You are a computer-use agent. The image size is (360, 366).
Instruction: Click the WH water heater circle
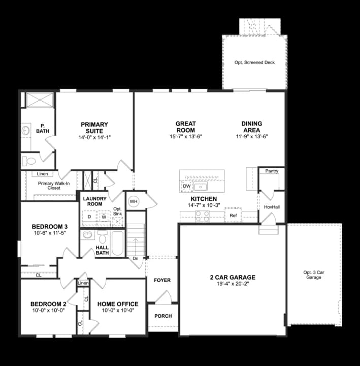[x=134, y=201]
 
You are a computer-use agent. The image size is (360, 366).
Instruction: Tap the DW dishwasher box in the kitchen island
[x=186, y=187]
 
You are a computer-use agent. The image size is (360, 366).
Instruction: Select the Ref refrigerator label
[x=233, y=216]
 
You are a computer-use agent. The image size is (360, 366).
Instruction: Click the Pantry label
[x=272, y=171]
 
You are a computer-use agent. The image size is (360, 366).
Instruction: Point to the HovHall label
[x=272, y=207]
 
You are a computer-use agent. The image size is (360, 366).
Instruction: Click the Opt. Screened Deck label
[x=254, y=63]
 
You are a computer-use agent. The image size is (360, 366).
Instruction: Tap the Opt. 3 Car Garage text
[x=313, y=275]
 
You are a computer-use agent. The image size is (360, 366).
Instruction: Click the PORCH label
[x=163, y=316]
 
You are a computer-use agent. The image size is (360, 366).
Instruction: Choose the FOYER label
[x=162, y=280]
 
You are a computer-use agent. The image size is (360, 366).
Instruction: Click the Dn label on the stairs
[x=135, y=258]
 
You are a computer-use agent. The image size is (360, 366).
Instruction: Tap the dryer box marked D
[x=89, y=217]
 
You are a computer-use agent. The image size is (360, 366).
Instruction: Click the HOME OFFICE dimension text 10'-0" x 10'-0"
[x=117, y=311]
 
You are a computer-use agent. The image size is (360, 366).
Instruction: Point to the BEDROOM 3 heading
[x=49, y=226]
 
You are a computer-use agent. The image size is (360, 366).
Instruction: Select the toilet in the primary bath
[x=28, y=161]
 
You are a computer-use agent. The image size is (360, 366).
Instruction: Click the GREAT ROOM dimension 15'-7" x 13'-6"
[x=186, y=136]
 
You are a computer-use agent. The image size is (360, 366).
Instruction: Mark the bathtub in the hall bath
[x=117, y=243]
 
